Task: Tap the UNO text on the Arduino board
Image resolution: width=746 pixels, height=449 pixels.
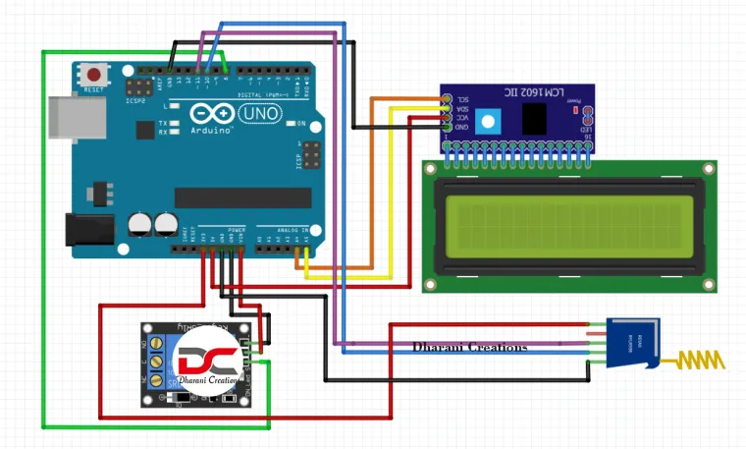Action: (260, 115)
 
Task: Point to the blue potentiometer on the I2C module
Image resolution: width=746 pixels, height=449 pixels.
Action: (487, 121)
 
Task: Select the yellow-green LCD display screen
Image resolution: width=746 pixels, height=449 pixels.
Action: (569, 222)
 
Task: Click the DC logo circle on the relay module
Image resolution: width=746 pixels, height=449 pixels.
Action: (208, 362)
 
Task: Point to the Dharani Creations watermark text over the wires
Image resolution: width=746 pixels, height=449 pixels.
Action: (469, 348)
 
